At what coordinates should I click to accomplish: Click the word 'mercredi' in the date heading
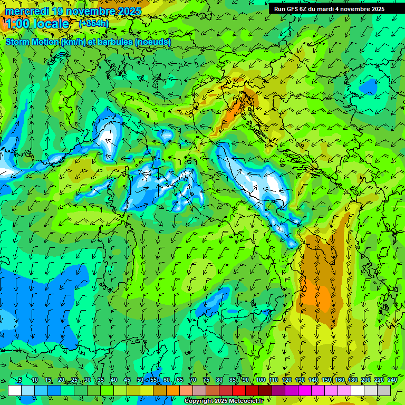tap(27, 11)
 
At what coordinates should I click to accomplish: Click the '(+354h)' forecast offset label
tap(94, 23)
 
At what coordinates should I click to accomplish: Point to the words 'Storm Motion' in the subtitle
tap(32, 42)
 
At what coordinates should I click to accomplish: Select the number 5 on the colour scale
tap(20, 380)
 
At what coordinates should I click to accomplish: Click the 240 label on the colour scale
tap(392, 380)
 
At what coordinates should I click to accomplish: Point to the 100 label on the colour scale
tap(260, 380)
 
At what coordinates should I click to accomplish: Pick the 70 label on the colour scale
tap(193, 380)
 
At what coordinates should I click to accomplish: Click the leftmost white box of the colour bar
tap(15, 390)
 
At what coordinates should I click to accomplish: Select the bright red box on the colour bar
tap(239, 390)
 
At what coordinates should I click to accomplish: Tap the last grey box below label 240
tap(384, 390)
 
